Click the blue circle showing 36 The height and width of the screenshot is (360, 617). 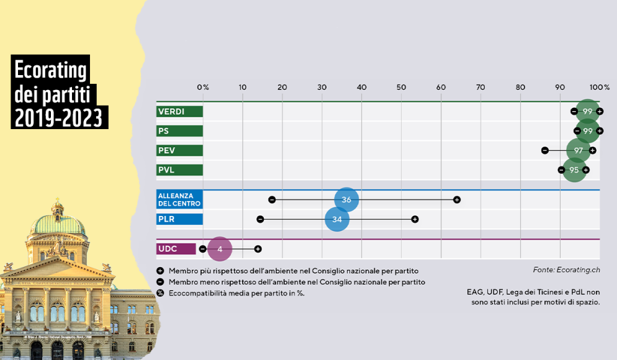pos(346,199)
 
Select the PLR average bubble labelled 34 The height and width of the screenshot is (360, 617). pos(337,219)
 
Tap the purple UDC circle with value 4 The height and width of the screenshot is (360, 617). pos(220,249)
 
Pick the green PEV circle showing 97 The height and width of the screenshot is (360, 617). pos(578,150)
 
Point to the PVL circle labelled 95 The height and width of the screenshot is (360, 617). pos(574,170)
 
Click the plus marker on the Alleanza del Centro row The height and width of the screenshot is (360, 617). pos(456,200)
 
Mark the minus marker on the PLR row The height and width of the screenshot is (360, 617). pos(260,219)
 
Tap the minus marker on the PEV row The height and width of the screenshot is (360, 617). pos(544,150)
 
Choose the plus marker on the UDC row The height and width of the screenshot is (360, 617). pos(258,249)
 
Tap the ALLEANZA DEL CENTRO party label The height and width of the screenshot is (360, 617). pos(179,199)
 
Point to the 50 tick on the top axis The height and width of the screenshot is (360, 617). pos(401,88)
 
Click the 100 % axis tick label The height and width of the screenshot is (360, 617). pos(599,88)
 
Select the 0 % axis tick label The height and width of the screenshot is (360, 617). pos(203,88)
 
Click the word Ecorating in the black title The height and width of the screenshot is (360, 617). pos(50,70)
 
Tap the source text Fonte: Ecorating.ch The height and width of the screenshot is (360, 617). pos(566,270)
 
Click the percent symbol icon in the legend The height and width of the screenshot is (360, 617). pos(160,293)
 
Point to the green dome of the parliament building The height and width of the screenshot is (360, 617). pos(58,224)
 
